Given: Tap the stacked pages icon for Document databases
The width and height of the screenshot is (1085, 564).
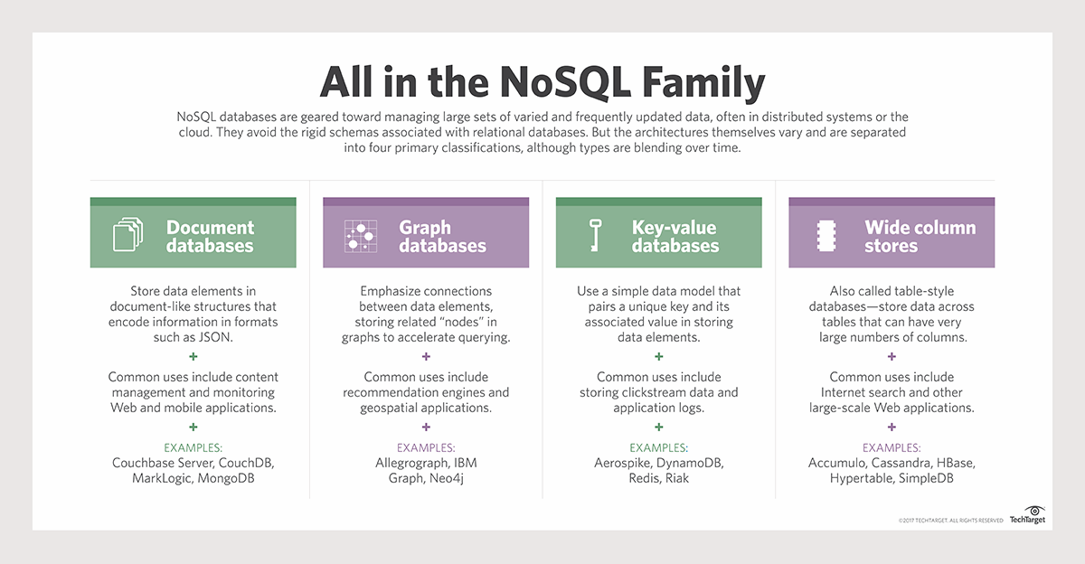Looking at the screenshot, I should click(x=127, y=236).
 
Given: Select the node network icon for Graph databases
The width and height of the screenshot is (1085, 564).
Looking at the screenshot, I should click(x=361, y=236).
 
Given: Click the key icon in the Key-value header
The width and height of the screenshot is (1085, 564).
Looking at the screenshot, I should click(x=594, y=236).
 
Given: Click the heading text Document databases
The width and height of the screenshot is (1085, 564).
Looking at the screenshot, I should click(x=210, y=237).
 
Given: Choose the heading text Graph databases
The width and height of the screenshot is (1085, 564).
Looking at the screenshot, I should click(x=442, y=237).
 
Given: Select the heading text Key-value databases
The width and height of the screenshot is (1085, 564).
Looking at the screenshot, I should click(x=675, y=237).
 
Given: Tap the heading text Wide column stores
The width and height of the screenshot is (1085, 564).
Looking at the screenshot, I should click(x=920, y=237).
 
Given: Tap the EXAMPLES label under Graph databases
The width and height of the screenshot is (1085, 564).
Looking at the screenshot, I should click(x=426, y=447).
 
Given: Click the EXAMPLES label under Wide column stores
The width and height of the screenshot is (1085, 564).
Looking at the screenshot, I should click(x=892, y=447).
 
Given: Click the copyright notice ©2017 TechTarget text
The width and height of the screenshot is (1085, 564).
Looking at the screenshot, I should click(x=950, y=521).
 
